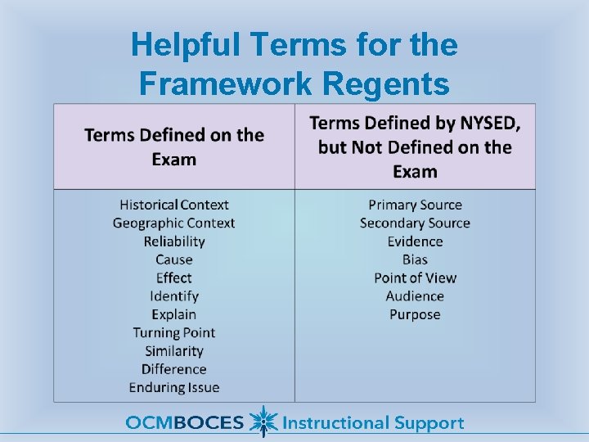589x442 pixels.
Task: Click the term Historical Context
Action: click(x=174, y=205)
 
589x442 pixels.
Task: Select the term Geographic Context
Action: click(x=174, y=223)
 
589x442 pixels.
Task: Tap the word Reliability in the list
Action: click(x=174, y=241)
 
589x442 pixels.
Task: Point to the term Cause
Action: click(x=174, y=259)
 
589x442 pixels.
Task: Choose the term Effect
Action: click(x=174, y=277)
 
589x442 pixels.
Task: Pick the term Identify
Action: click(x=174, y=296)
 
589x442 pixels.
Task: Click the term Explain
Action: click(x=174, y=314)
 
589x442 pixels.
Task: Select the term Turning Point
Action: click(x=174, y=332)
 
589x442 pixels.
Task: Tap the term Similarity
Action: click(x=174, y=351)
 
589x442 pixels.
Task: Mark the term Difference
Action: click(x=174, y=369)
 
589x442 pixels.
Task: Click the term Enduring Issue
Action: click(x=174, y=387)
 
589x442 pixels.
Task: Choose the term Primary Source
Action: click(x=415, y=205)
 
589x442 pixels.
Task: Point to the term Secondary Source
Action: click(x=415, y=223)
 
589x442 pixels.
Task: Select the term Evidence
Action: click(x=415, y=241)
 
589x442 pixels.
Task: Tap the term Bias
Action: click(x=415, y=259)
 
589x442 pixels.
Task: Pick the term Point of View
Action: click(x=415, y=277)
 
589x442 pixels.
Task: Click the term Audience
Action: click(x=415, y=296)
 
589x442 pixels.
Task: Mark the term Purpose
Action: click(x=415, y=314)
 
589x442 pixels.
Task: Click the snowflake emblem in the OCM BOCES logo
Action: click(x=262, y=422)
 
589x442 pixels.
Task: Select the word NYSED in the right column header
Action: click(x=487, y=124)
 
